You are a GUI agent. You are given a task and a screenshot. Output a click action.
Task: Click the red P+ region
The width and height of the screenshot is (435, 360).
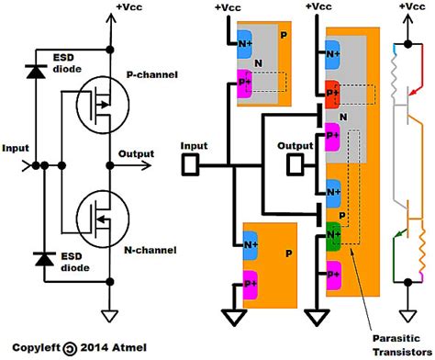coord(334,91)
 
